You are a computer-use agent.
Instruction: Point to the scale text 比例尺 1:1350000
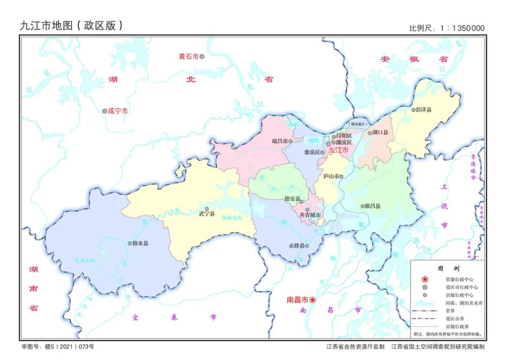pos(447,28)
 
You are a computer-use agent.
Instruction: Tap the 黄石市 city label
pos(188,56)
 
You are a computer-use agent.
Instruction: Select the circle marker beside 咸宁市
pos(105,111)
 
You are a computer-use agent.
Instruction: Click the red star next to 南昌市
pos(313,300)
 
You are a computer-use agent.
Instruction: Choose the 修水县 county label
pos(141,243)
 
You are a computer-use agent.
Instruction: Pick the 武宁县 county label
pos(207,214)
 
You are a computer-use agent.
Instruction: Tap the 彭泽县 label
pos(424,110)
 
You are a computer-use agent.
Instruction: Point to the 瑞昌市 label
pos(279,141)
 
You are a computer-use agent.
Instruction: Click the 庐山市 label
pos(331,176)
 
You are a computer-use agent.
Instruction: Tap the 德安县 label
pos(292,199)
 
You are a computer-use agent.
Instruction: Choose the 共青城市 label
pos(310,215)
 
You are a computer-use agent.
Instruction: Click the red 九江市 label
pos(339,150)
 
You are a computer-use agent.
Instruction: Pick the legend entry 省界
pos(451,310)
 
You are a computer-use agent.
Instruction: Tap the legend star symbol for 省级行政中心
pos(425,279)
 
